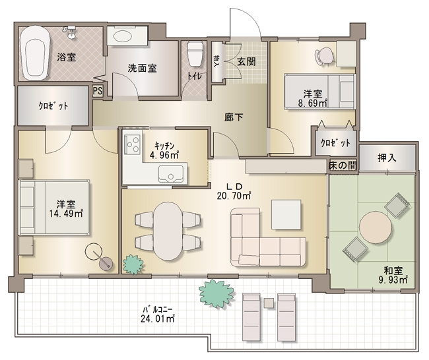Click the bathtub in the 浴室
(x=35, y=53)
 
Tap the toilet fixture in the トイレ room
(x=195, y=53)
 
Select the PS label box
(x=98, y=91)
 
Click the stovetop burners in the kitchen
(x=133, y=144)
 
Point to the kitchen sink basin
(x=171, y=174)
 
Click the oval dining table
(x=168, y=231)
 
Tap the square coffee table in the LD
(x=286, y=214)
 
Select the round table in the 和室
(x=376, y=227)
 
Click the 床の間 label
(x=343, y=165)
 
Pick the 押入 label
(x=387, y=158)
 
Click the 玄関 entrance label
(x=246, y=62)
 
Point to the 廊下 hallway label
(x=234, y=117)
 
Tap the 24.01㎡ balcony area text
(x=158, y=318)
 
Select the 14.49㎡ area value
(x=66, y=214)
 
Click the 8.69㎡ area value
(x=313, y=104)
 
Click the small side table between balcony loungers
(x=269, y=303)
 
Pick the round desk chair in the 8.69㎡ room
(x=325, y=56)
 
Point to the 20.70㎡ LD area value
(x=234, y=196)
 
